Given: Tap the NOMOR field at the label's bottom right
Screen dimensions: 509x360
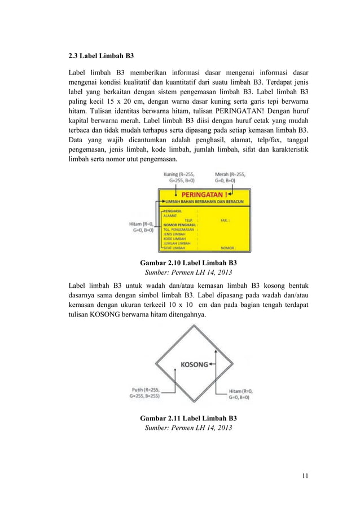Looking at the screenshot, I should coord(228,247).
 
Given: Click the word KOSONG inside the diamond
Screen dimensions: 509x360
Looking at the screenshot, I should coord(194,364).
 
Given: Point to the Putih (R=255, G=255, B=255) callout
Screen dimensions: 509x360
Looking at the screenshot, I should coord(146,393).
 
